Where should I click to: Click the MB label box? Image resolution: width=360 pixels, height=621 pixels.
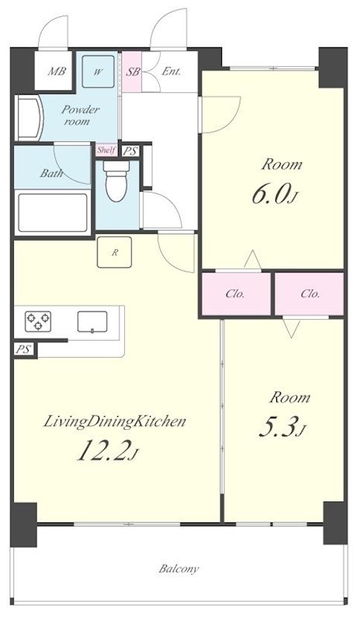click(x=54, y=71)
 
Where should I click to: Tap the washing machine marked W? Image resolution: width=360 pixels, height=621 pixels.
click(x=99, y=71)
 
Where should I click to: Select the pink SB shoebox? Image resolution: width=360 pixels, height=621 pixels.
click(x=132, y=71)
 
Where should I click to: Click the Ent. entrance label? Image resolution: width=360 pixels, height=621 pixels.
click(x=171, y=71)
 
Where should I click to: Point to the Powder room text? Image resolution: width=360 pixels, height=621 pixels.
click(x=80, y=115)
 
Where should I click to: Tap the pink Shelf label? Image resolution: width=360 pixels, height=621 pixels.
click(x=106, y=150)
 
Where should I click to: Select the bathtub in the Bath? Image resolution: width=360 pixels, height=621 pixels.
click(x=53, y=213)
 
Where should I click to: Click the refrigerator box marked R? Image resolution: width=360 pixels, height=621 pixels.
click(x=115, y=252)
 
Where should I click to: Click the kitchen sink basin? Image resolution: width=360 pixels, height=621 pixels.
click(x=92, y=321)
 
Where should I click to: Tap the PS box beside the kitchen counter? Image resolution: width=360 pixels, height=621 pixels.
click(x=24, y=349)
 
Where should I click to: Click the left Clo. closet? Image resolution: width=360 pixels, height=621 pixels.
click(x=235, y=293)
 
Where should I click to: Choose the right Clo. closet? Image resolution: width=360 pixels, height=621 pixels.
click(x=310, y=293)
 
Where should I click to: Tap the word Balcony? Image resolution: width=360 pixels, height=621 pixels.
click(x=179, y=569)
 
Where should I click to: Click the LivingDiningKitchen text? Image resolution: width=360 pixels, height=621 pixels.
click(x=114, y=422)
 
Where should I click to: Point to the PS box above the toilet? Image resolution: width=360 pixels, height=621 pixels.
click(x=130, y=151)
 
